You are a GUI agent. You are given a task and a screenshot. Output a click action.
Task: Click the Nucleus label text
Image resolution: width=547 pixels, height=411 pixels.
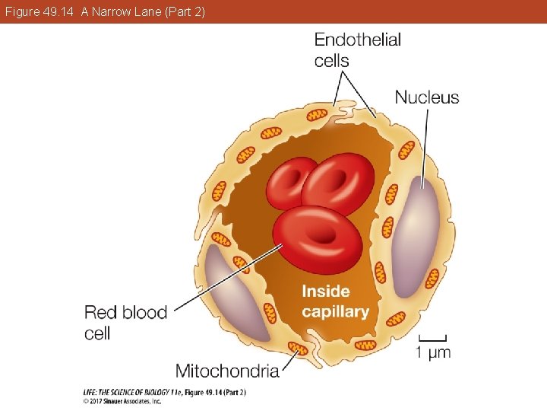[427, 97]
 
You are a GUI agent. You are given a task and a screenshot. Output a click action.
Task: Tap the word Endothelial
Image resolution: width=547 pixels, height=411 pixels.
[358, 40]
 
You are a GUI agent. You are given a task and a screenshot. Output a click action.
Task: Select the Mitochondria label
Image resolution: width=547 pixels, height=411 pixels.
[227, 371]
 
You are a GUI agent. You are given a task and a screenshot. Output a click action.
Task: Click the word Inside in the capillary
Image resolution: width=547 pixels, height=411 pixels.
[326, 291]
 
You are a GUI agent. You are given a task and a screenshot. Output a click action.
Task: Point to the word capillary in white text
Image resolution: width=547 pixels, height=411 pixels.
[335, 312]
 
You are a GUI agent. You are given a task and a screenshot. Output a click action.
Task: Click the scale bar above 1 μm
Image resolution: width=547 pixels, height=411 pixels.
[432, 338]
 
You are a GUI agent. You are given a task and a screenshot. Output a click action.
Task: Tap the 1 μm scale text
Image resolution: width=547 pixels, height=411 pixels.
[433, 352]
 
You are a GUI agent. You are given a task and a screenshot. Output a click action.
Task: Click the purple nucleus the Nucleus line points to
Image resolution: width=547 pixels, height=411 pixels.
[415, 237]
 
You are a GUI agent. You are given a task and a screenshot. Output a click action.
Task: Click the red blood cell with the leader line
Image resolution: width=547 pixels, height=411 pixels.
[318, 240]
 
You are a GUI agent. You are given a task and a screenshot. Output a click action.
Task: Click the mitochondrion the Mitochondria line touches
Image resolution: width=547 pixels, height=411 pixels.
[298, 349]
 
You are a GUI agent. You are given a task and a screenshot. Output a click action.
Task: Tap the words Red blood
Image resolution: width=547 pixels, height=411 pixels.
[125, 312]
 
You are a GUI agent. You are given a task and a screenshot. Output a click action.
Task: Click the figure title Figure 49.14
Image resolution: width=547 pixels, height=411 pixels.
[39, 12]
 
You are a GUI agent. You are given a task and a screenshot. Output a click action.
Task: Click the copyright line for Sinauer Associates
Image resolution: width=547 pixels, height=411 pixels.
[122, 401]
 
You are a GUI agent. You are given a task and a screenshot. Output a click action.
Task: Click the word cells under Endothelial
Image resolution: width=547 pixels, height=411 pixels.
[331, 60]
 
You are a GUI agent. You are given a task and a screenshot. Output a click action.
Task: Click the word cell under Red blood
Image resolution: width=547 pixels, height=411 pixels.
[97, 333]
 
